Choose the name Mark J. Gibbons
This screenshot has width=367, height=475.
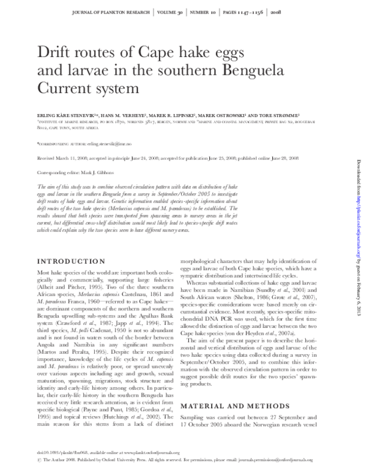click(104, 174)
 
